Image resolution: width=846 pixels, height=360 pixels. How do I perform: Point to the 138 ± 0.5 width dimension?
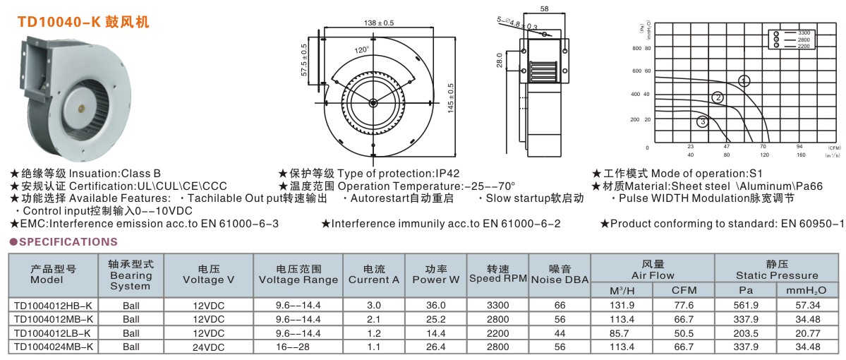tap(378, 23)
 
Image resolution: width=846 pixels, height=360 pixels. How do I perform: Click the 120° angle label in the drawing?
tap(362, 50)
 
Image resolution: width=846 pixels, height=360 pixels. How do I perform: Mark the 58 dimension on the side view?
tap(545, 10)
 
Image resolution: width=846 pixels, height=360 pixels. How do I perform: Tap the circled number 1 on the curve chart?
tap(744, 80)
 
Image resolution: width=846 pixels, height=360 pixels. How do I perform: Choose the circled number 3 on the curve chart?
tap(702, 122)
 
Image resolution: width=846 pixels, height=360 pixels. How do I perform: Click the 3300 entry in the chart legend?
tap(804, 33)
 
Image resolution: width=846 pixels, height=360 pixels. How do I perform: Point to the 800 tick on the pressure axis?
tap(636, 48)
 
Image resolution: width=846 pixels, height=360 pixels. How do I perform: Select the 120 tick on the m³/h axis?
tap(764, 155)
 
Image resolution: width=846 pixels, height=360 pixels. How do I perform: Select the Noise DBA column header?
tap(560, 274)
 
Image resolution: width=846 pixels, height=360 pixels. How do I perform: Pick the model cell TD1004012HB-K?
tap(53, 305)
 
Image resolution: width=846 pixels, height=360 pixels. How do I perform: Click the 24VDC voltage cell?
tap(208, 347)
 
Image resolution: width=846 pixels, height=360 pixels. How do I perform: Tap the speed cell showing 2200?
tap(498, 332)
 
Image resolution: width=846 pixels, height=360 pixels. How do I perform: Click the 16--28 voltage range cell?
tap(298, 347)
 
